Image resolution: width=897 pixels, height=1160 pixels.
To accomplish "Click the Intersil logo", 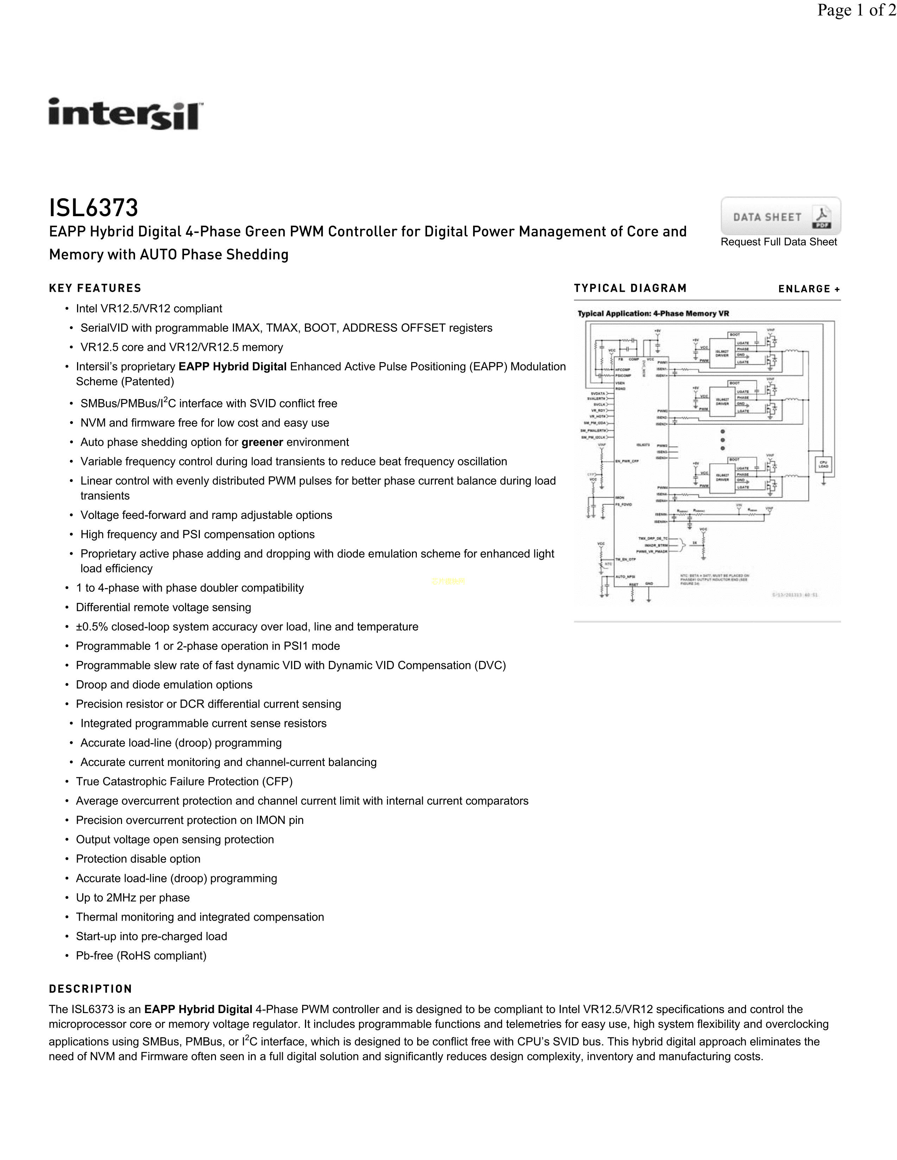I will pyautogui.click(x=126, y=114).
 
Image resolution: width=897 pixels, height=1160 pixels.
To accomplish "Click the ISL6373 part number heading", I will pyautogui.click(x=94, y=208).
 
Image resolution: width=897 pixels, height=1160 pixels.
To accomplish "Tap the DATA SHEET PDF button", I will pyautogui.click(x=780, y=216).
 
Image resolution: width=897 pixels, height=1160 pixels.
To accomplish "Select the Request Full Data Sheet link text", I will pyautogui.click(x=778, y=242).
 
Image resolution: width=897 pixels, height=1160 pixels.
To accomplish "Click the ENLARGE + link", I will pyautogui.click(x=809, y=289).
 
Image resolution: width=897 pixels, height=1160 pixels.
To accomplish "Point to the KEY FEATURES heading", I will pyautogui.click(x=95, y=288).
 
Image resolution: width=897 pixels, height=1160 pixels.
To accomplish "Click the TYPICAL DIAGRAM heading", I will pyautogui.click(x=630, y=288).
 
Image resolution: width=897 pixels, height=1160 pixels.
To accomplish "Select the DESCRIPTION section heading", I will pyautogui.click(x=90, y=989).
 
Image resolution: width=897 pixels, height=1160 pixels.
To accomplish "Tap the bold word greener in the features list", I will pyautogui.click(x=262, y=443).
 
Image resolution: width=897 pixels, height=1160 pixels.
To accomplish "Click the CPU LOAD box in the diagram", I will pyautogui.click(x=823, y=465).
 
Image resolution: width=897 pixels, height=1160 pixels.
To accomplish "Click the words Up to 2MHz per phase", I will pyautogui.click(x=133, y=898).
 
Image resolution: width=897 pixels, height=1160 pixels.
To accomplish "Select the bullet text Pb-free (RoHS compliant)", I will pyautogui.click(x=141, y=955).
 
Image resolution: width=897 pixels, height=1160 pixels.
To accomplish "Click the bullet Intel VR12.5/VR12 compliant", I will pyautogui.click(x=149, y=309).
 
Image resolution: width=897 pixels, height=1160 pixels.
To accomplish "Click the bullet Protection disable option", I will pyautogui.click(x=138, y=859).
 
